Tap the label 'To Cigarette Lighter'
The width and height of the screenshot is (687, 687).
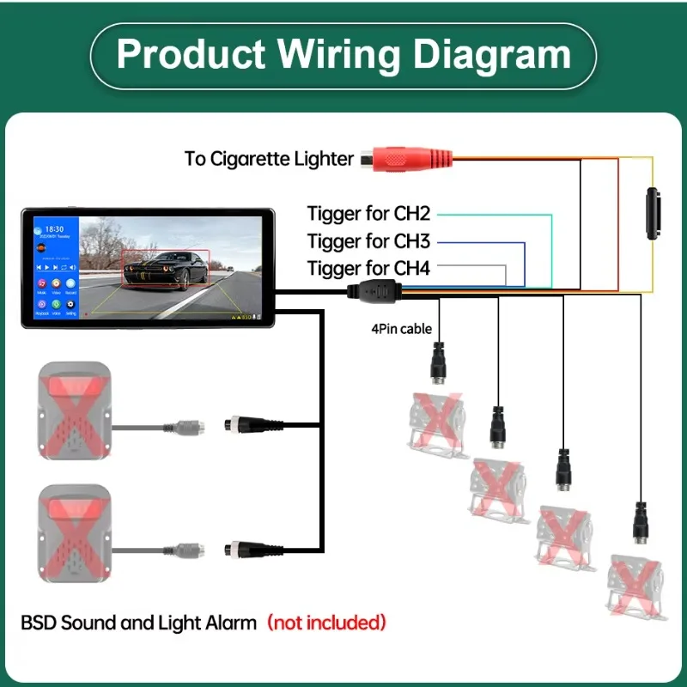point(269,159)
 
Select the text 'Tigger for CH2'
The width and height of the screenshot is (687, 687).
point(368,213)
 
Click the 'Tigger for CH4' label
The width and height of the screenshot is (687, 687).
point(368,268)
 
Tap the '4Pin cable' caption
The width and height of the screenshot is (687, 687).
point(401,328)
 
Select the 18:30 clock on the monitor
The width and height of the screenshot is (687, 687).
point(54,230)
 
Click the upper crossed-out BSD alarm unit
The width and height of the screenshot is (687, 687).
point(72,411)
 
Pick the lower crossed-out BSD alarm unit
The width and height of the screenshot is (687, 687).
point(72,533)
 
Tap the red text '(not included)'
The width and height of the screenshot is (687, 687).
point(326,622)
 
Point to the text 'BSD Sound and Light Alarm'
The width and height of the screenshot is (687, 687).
point(138,622)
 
